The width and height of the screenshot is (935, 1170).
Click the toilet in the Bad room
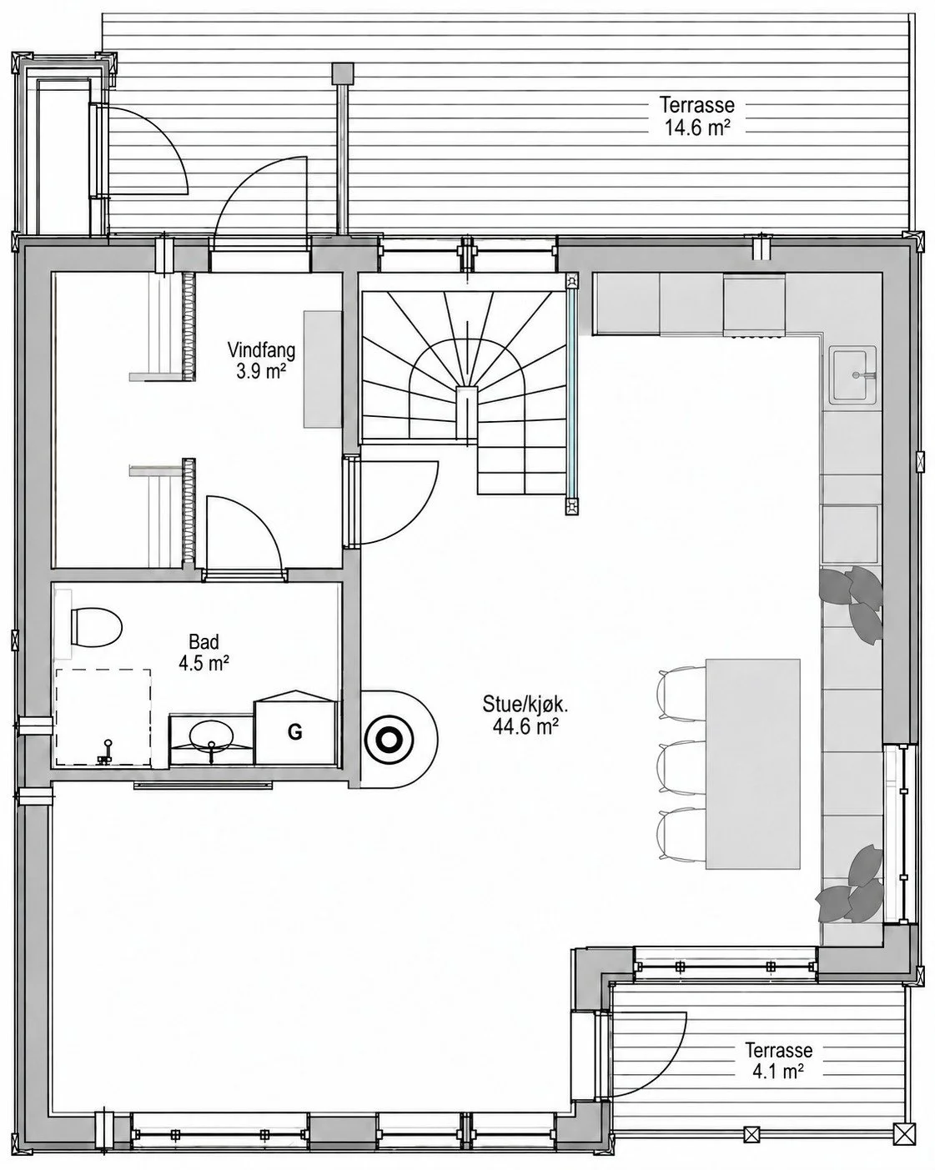(95, 627)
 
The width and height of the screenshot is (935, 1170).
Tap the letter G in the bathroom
(294, 732)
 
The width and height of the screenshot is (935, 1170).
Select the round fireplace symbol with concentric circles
(390, 740)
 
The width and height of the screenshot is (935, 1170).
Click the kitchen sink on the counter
(852, 374)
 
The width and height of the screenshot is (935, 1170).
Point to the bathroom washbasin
(212, 736)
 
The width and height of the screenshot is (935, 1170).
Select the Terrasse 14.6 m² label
(696, 115)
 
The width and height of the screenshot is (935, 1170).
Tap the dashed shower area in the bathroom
(103, 717)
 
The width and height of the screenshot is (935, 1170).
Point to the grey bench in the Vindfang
(323, 369)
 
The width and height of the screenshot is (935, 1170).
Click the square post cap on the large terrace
(343, 73)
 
